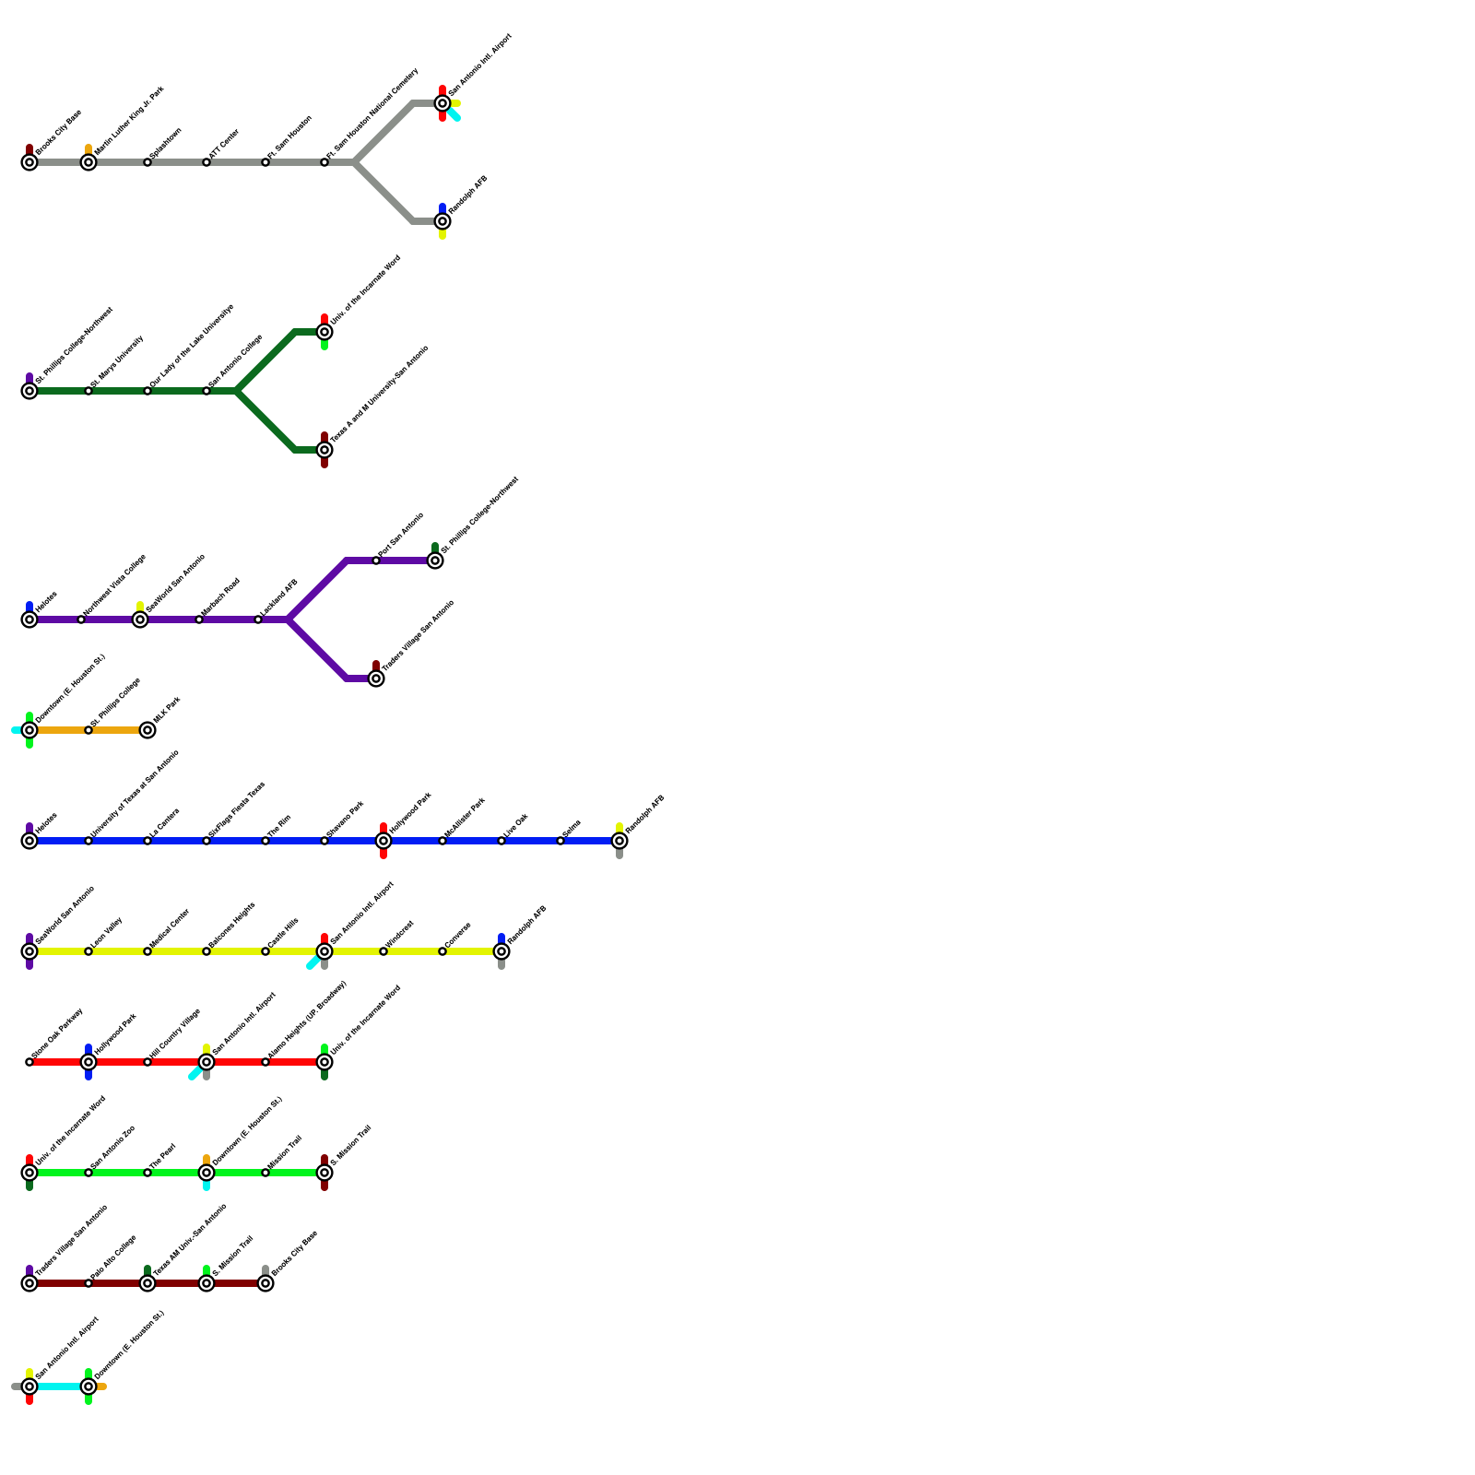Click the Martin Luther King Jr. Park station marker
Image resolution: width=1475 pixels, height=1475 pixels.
pos(88,162)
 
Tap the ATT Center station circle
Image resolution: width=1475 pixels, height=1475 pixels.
pos(206,162)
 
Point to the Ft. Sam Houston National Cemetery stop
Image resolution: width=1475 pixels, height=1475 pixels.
pos(324,162)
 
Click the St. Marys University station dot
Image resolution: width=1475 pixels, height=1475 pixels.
pos(88,391)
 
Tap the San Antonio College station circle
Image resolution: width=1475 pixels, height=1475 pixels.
pos(206,391)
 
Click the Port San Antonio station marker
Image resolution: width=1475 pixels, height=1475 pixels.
pos(376,560)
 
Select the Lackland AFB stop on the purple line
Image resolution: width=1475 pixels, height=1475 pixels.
pos(258,619)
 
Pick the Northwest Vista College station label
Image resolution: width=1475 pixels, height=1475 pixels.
pos(114,586)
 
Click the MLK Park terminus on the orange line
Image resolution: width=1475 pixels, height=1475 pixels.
pos(147,730)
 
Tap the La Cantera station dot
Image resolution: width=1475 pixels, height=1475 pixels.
pos(147,841)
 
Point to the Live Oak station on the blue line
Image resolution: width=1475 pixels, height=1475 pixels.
pos(501,841)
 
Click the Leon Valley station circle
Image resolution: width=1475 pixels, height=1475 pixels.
pos(88,951)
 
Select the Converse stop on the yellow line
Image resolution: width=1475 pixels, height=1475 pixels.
pos(442,951)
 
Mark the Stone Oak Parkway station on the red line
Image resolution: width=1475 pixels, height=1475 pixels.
pos(29,1062)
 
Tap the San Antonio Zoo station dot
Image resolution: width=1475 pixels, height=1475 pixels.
pos(88,1173)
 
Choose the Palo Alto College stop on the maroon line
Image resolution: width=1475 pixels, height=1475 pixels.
pos(88,1283)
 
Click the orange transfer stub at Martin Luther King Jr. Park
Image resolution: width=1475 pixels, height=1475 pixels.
pos(88,148)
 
